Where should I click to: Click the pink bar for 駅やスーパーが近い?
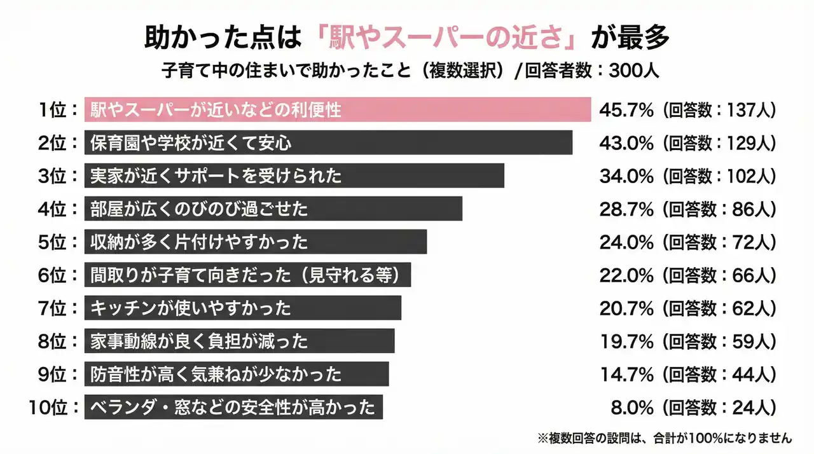pyautogui.click(x=338, y=109)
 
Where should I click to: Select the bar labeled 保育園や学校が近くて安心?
pyautogui.click(x=328, y=142)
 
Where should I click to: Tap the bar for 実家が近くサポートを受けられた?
pyautogui.click(x=294, y=175)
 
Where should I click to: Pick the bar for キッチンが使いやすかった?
pyautogui.click(x=242, y=308)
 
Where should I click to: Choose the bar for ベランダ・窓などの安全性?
pyautogui.click(x=233, y=407)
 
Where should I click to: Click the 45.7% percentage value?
pyautogui.click(x=626, y=109)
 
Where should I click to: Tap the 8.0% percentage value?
pyautogui.click(x=631, y=407)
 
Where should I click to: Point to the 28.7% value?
pyautogui.click(x=626, y=209)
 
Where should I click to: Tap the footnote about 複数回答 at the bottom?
pyautogui.click(x=665, y=438)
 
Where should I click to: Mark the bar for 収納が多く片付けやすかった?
pyautogui.click(x=255, y=242)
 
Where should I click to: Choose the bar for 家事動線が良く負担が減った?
pyautogui.click(x=239, y=341)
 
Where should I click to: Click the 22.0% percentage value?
pyautogui.click(x=626, y=275)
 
